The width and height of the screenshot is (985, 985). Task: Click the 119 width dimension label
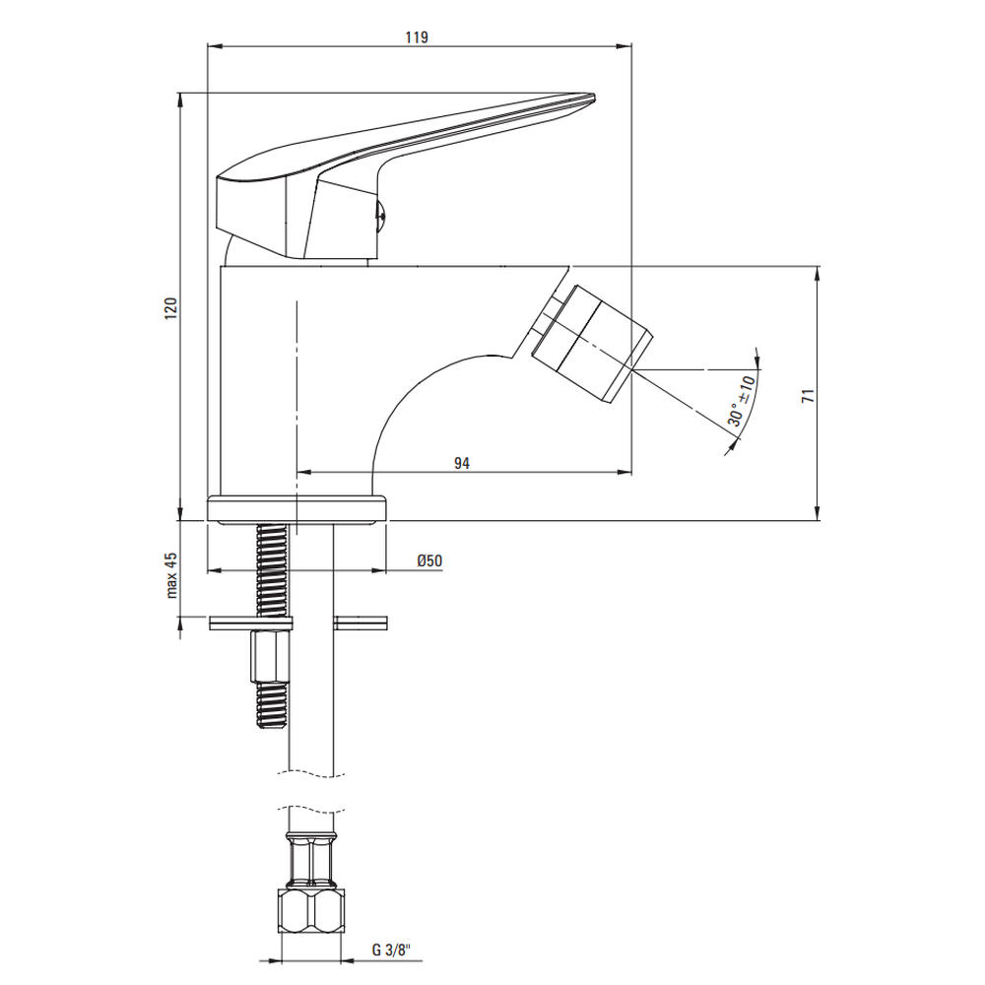(x=417, y=37)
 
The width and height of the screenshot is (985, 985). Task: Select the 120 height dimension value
(x=170, y=308)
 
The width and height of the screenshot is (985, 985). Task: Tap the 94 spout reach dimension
(x=462, y=463)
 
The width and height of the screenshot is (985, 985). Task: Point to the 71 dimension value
(x=808, y=396)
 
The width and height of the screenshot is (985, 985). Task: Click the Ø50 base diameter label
(x=429, y=560)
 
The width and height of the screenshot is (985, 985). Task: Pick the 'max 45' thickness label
(x=171, y=575)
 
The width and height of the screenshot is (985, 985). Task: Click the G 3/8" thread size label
(x=391, y=950)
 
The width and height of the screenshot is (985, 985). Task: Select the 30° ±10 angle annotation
(x=742, y=401)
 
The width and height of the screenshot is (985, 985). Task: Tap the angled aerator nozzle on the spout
(x=591, y=343)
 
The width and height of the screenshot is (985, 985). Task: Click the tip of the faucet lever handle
(x=592, y=98)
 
